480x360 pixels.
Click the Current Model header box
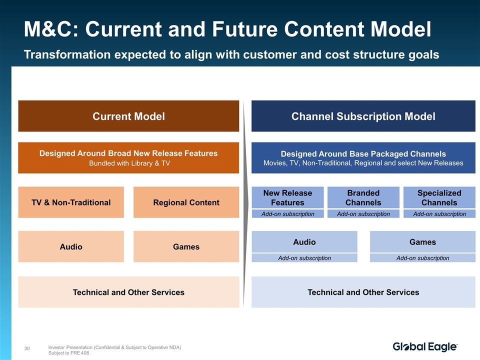coord(128,116)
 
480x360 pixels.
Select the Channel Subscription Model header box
coord(363,116)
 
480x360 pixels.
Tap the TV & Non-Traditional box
coord(71,202)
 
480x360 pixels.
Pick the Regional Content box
coord(186,202)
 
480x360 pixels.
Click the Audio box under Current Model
coord(71,246)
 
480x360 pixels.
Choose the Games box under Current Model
coord(186,246)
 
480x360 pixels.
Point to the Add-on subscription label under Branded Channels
coord(363,214)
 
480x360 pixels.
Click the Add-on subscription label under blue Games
coord(423,258)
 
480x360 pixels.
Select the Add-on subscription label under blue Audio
coord(304,258)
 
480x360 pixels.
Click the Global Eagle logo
coord(425,347)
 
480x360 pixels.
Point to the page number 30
coord(27,348)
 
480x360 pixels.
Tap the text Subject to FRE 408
coord(68,353)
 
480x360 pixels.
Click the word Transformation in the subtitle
coord(67,54)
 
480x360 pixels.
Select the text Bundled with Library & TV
coord(129,163)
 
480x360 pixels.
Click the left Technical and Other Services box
coord(128,292)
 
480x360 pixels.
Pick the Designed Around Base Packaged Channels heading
coord(363,153)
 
